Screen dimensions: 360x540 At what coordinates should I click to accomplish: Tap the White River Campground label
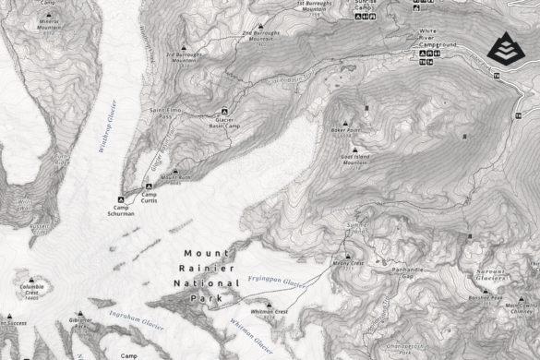pos(439,39)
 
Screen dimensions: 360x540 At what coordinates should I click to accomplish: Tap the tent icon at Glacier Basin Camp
pos(215,113)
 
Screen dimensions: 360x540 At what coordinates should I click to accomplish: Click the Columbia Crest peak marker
pos(35,276)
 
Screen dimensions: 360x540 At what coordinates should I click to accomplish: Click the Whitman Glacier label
pos(251,335)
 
